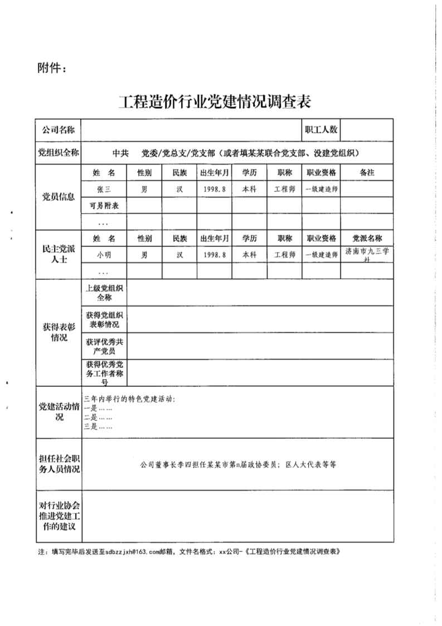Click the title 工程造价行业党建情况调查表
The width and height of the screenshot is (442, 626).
pyautogui.click(x=214, y=103)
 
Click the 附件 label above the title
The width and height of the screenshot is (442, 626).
pyautogui.click(x=51, y=68)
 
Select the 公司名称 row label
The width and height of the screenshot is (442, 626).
pyautogui.click(x=59, y=130)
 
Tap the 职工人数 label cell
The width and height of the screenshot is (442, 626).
pyautogui.click(x=321, y=130)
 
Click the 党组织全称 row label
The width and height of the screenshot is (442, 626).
pyautogui.click(x=59, y=153)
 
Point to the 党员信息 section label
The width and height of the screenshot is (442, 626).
pyautogui.click(x=59, y=197)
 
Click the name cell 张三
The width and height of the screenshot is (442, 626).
pyautogui.click(x=104, y=189)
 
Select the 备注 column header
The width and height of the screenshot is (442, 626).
pyautogui.click(x=367, y=173)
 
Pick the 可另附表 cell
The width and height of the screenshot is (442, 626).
pyautogui.click(x=104, y=206)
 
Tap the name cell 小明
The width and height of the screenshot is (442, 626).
pyautogui.click(x=104, y=255)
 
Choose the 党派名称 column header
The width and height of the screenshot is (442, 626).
pyautogui.click(x=367, y=239)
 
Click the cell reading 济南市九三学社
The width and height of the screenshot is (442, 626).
pyautogui.click(x=367, y=255)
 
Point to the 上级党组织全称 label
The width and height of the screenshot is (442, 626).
pyautogui.click(x=104, y=293)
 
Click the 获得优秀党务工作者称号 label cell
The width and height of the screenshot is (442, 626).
pyautogui.click(x=104, y=373)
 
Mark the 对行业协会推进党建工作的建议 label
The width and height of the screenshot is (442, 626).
pyautogui.click(x=59, y=516)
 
